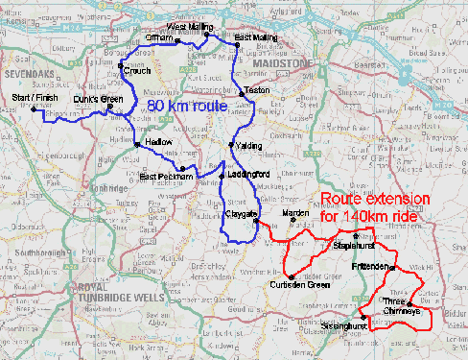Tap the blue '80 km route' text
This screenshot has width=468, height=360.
pyautogui.click(x=185, y=106)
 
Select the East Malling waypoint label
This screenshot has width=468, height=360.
pyautogui.click(x=256, y=37)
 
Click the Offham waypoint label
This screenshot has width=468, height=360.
pyautogui.click(x=158, y=39)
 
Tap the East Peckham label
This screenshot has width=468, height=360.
pyautogui.click(x=166, y=177)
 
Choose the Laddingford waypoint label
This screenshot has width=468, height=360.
pyautogui.click(x=248, y=174)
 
